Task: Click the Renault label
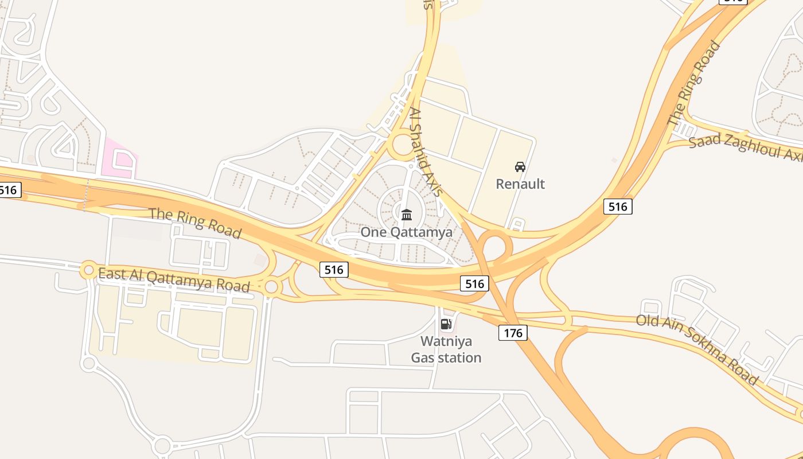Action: [520, 184]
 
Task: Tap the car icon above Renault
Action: [520, 167]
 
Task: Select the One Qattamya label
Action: [406, 232]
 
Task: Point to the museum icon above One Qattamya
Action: [407, 215]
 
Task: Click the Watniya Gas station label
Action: [446, 349]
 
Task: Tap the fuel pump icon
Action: [446, 324]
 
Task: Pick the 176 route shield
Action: [513, 332]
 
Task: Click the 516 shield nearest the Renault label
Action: [618, 207]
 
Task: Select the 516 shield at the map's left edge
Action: [10, 190]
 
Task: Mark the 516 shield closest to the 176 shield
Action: [475, 283]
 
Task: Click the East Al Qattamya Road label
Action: [174, 279]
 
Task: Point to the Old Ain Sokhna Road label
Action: [697, 349]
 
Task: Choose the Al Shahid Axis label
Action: [426, 153]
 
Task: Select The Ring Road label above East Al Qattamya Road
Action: [195, 223]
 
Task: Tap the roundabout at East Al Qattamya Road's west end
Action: [89, 270]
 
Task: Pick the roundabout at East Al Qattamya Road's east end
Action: [272, 286]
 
